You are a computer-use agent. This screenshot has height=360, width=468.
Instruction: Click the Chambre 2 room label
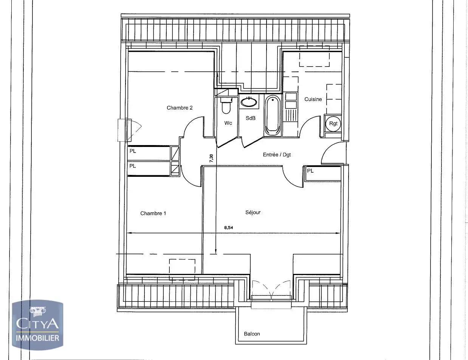point(180,108)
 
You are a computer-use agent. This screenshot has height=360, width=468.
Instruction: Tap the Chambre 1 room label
point(153,213)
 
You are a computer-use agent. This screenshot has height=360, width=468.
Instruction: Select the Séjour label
point(253,212)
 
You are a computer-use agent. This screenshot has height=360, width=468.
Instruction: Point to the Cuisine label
point(313,99)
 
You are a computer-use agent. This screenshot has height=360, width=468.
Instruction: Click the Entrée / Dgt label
point(277,155)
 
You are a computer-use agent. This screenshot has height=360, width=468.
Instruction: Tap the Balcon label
point(252,334)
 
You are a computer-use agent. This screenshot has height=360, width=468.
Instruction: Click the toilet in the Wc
point(226,105)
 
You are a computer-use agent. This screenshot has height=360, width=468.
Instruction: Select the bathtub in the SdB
point(272,115)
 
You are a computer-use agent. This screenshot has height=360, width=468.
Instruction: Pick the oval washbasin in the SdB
point(249,102)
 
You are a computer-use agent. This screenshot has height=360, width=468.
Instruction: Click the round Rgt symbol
point(333,124)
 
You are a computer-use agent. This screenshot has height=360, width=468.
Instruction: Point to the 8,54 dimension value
point(229,228)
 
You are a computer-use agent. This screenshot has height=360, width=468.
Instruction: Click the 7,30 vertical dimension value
point(211,158)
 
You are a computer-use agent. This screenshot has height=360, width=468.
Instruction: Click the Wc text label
point(228,123)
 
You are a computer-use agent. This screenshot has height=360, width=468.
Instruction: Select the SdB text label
point(251,118)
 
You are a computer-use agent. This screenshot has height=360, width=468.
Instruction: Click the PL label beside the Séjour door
point(310,171)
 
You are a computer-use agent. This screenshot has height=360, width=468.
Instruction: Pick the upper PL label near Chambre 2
point(133,151)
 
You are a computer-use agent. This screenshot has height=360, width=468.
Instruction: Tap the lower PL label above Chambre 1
point(133,166)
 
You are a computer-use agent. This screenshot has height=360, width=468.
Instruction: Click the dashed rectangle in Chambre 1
point(182,269)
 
